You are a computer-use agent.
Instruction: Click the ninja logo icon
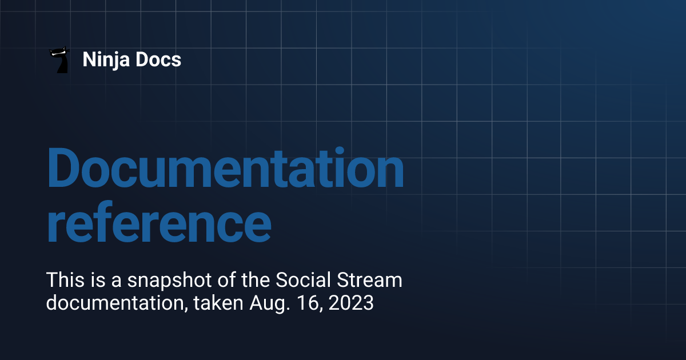pyautogui.click(x=59, y=59)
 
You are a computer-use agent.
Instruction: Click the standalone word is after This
pyautogui.click(x=95, y=281)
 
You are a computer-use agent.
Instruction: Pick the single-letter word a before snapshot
pyautogui.click(x=117, y=282)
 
